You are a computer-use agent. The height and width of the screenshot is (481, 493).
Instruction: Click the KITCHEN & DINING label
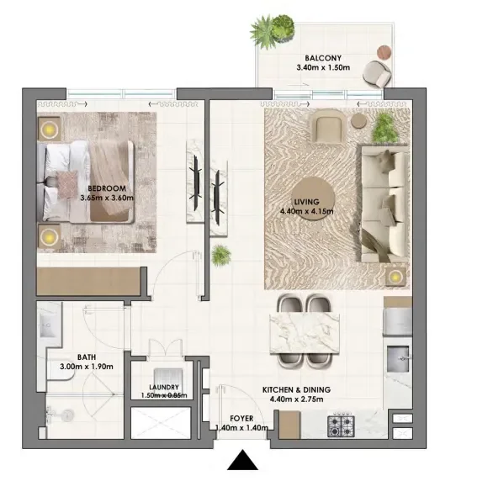pos(296,390)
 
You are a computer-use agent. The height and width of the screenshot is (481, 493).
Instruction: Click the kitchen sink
pos(398,361)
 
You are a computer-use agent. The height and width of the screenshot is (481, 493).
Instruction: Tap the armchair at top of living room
pos(326,129)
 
